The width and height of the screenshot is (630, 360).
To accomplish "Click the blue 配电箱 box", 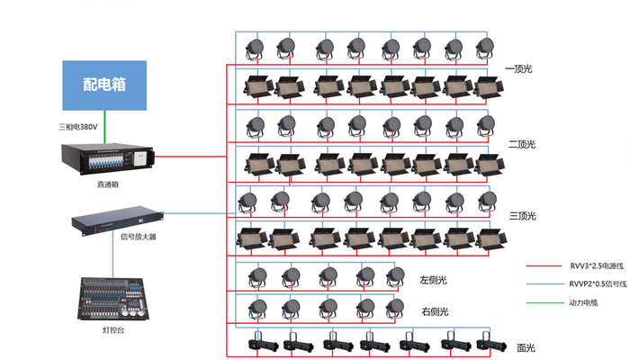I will click(x=104, y=85).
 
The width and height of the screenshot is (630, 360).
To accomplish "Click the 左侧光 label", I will click(x=435, y=280).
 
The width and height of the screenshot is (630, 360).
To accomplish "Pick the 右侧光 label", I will click(x=435, y=312).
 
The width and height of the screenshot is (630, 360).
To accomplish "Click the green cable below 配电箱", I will click(x=104, y=125).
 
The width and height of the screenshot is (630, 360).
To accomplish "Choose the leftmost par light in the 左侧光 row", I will click(x=258, y=277).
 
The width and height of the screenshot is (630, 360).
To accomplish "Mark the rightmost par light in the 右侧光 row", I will click(x=393, y=309).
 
